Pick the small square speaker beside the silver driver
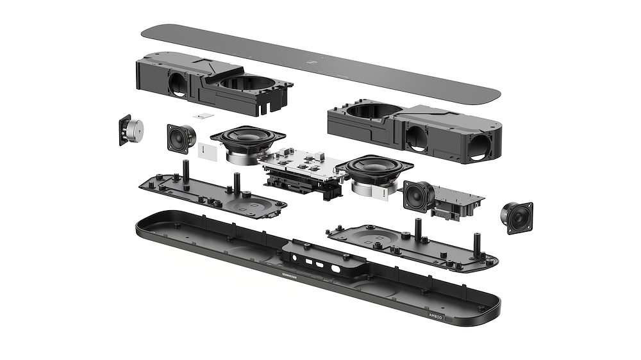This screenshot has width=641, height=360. pyautogui.click(x=181, y=138)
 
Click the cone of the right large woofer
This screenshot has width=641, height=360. pyautogui.click(x=372, y=168)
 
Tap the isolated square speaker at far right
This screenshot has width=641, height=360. pyautogui.click(x=517, y=217)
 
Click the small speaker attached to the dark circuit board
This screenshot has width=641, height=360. pyautogui.click(x=418, y=195)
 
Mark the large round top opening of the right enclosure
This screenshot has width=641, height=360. pyautogui.click(x=368, y=113)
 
